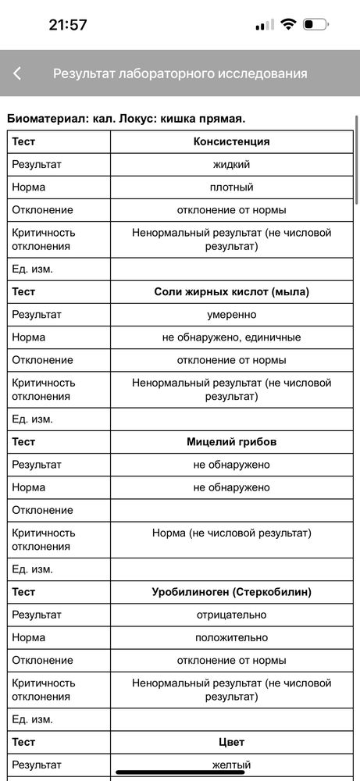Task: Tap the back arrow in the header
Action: (17, 73)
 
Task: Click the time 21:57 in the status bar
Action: (68, 24)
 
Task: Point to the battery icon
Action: (315, 24)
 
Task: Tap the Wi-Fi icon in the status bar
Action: (288, 24)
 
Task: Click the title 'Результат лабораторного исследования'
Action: (180, 73)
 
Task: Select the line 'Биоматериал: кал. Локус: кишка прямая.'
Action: (126, 119)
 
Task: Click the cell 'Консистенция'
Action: (231, 141)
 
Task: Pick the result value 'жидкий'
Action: (231, 164)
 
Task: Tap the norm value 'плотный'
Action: (231, 187)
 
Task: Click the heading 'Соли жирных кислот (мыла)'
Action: (231, 291)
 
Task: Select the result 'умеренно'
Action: (231, 314)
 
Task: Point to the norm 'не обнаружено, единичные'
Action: (231, 337)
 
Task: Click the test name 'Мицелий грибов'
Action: (231, 441)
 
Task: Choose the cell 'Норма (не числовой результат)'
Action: (231, 533)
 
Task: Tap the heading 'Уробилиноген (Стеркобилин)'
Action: (231, 592)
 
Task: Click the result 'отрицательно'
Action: (231, 615)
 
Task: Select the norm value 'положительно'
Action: (231, 637)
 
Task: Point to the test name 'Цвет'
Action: (231, 742)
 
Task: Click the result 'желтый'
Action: (231, 765)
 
